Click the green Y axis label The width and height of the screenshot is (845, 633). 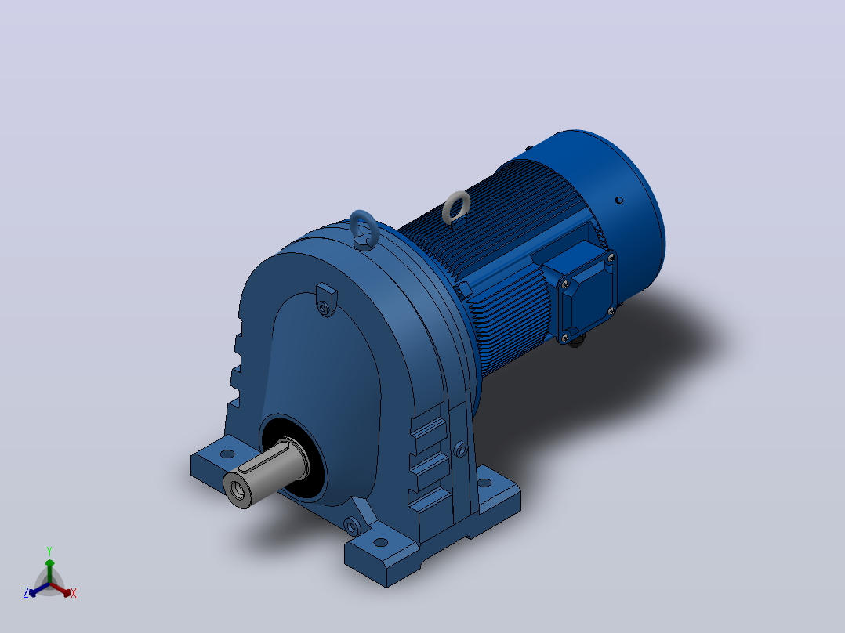(49, 551)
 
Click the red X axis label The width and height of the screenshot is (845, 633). (74, 593)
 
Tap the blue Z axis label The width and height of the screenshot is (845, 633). (25, 592)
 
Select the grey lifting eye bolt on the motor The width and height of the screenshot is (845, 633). (456, 208)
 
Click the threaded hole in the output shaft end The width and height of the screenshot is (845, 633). (236, 490)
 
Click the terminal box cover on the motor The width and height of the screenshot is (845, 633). (587, 296)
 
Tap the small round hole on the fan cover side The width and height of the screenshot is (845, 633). (619, 201)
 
